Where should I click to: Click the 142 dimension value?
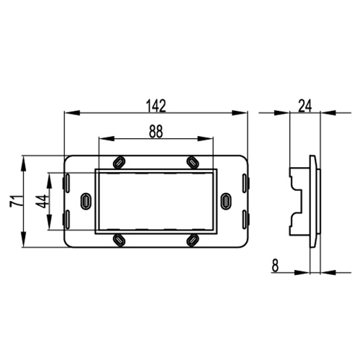point(156,106)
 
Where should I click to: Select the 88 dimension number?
point(156,132)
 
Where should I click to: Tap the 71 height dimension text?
point(16,201)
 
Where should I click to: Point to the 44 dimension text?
point(42,202)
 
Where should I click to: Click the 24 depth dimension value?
point(305,106)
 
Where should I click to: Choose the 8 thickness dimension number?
point(275,266)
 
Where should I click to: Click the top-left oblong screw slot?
point(120,163)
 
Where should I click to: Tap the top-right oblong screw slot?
point(193,163)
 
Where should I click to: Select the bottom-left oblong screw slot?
point(119,240)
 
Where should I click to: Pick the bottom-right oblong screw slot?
point(193,240)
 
